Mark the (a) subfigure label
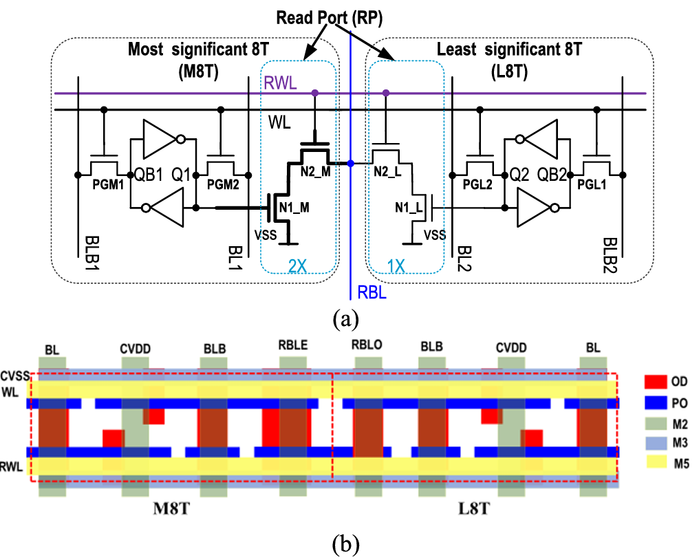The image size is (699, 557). click(x=344, y=319)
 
